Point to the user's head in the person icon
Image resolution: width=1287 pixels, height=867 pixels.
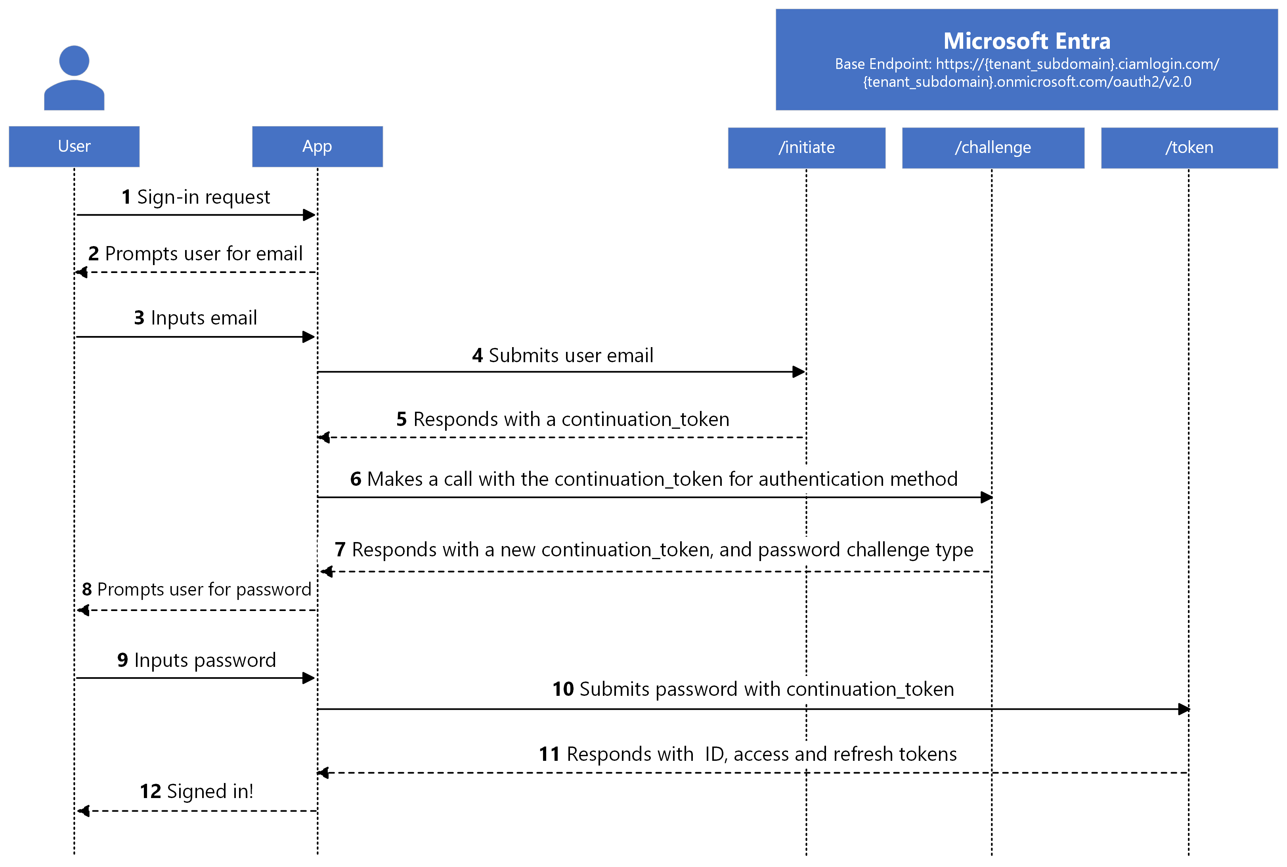click(74, 60)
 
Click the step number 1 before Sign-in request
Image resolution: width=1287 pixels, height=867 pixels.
click(126, 197)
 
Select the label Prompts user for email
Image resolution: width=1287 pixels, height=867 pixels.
click(203, 253)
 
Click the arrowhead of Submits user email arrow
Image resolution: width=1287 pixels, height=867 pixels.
click(798, 372)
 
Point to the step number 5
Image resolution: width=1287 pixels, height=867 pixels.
click(402, 419)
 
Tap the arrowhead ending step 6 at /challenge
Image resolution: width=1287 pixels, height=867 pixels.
click(986, 497)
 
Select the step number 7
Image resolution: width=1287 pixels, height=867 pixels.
click(340, 550)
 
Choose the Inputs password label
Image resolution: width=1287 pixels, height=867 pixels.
click(205, 660)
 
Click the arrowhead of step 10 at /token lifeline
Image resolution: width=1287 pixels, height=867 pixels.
click(1183, 709)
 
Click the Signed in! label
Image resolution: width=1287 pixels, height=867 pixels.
click(210, 791)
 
